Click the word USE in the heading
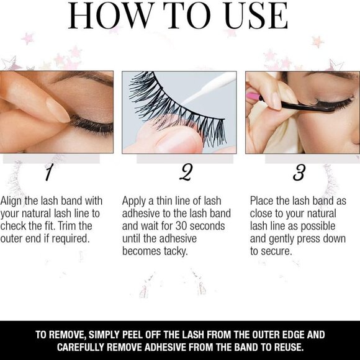(256, 16)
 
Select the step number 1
(48, 172)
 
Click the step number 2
(186, 172)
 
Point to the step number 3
(299, 172)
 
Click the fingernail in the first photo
(58, 110)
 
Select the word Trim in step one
(67, 226)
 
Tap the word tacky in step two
(176, 251)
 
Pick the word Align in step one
(11, 201)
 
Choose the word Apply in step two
(134, 201)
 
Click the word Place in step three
(262, 201)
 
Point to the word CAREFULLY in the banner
(81, 347)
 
